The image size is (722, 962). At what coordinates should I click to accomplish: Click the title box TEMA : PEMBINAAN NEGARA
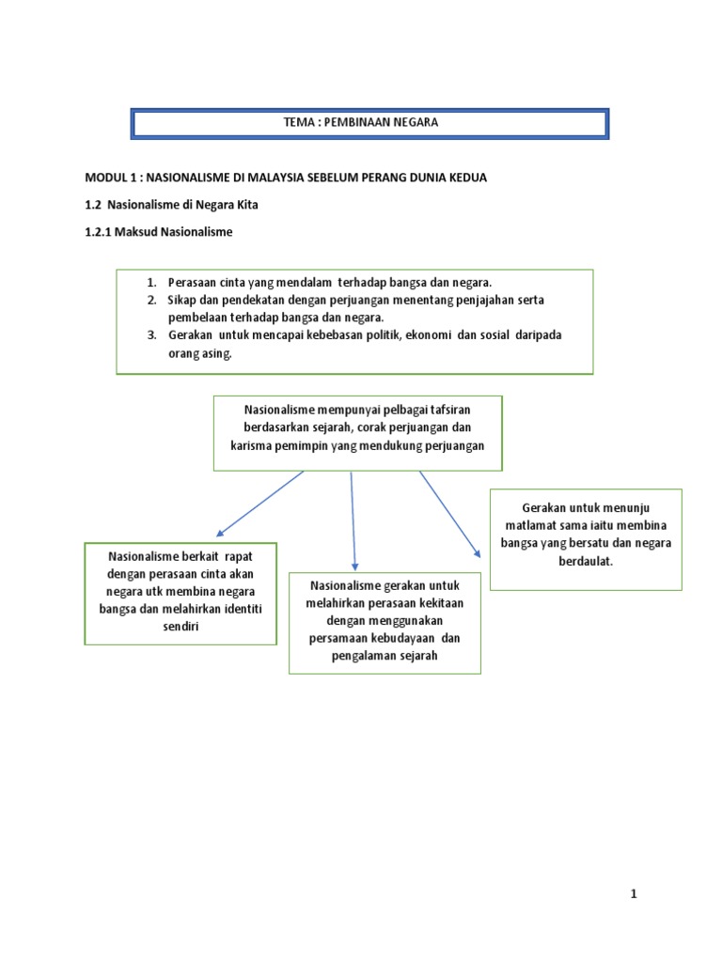pos(369,123)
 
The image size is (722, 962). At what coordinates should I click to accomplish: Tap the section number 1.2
pos(94,204)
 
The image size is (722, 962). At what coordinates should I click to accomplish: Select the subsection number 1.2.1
pos(100,231)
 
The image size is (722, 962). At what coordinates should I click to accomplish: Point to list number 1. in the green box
pos(152,283)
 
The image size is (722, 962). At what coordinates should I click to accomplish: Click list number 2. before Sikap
pos(152,300)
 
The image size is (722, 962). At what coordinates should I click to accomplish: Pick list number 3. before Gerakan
pos(152,335)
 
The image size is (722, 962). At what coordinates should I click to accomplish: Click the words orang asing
pos(199,354)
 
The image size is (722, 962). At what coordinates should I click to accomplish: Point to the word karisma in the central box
pos(251,446)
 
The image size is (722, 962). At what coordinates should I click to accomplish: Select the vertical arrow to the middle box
pos(353,521)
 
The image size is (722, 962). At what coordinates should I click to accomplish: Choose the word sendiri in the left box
pos(180,626)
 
